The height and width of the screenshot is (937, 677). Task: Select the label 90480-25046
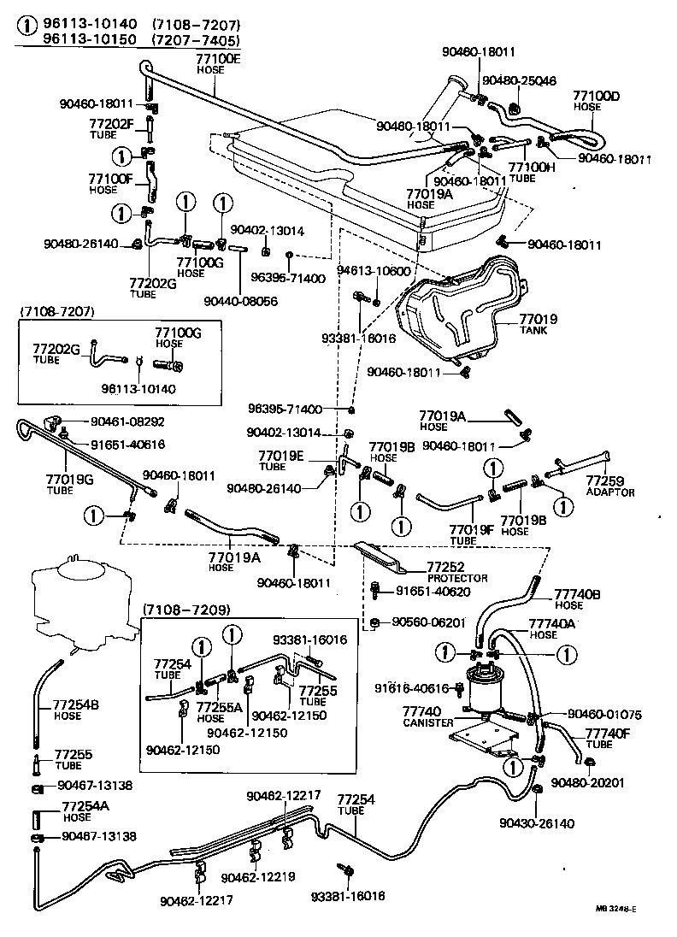pos(519,80)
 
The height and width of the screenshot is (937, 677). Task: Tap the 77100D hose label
pos(596,96)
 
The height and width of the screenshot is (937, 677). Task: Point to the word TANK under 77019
pos(533,331)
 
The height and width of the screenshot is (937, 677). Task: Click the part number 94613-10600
pos(374,271)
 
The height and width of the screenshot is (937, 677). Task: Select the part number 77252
pos(444,568)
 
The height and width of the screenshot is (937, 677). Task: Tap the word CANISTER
pos(427,722)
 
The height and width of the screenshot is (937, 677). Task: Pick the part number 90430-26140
pos(538,823)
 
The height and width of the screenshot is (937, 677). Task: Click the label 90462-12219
pos(256,877)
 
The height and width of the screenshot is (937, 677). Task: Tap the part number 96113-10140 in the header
pos(85,25)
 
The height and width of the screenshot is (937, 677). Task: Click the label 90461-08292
pos(128,421)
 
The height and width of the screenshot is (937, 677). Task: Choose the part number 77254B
pos(76,704)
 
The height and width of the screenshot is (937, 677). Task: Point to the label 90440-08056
pos(241,301)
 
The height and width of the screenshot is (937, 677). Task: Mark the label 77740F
pos(608,733)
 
